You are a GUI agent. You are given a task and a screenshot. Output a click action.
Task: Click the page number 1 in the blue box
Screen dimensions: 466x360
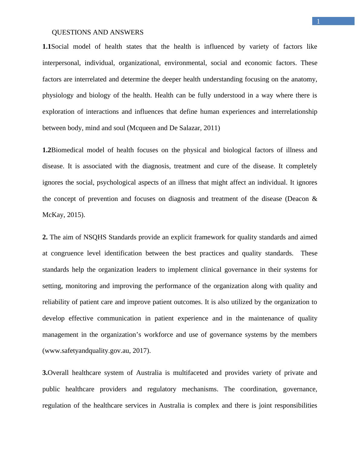tap(318, 21)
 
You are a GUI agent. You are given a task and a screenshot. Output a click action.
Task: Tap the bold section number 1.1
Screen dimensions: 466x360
tap(47, 47)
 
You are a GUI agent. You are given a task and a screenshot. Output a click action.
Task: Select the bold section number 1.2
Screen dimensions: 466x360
tap(47, 150)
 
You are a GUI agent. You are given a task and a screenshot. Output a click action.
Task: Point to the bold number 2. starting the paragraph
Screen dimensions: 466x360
tap(45, 237)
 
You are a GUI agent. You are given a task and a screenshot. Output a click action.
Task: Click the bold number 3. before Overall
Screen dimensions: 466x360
tap(45, 373)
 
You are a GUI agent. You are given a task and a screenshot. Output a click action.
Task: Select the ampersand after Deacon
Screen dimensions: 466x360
tap(315, 199)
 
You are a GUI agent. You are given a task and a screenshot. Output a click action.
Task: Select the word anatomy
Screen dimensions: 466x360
tap(304, 79)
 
